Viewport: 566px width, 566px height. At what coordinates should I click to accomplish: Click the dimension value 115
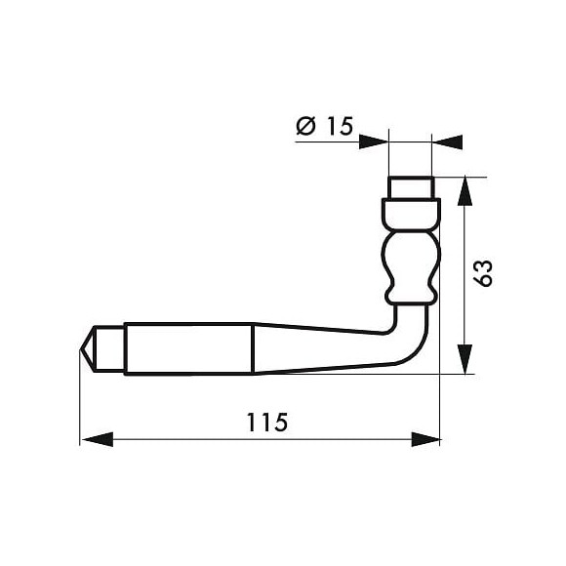(x=266, y=423)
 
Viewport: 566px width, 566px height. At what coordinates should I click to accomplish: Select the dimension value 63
(x=483, y=273)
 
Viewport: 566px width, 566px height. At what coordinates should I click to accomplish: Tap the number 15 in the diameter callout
(x=337, y=125)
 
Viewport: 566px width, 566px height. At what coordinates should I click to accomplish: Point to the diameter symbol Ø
(x=304, y=125)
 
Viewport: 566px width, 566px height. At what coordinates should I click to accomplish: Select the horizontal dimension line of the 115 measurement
(x=195, y=439)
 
